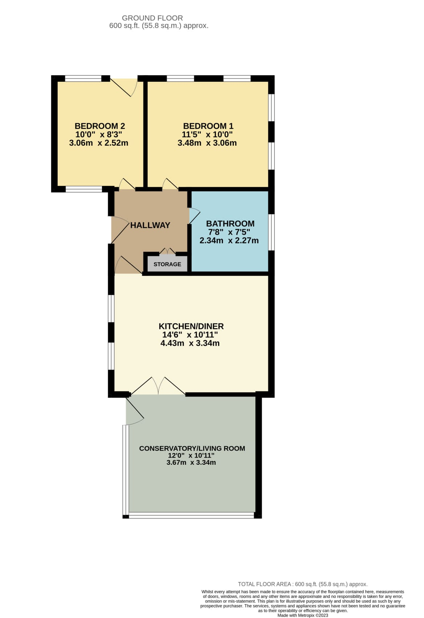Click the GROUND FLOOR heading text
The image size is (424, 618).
tap(152, 18)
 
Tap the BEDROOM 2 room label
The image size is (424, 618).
tap(99, 126)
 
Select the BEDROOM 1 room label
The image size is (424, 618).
tap(208, 126)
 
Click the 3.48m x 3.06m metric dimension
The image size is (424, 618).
tap(207, 143)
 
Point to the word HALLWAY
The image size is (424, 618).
tap(150, 225)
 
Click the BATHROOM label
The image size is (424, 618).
tap(230, 224)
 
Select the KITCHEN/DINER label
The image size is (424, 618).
tap(191, 326)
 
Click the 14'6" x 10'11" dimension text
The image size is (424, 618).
tap(190, 335)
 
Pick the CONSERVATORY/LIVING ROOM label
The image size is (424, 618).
tap(192, 448)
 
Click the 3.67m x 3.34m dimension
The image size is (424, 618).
tap(191, 463)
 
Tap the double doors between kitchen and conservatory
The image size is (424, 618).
tap(158, 387)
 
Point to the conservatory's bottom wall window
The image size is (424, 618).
tap(191, 515)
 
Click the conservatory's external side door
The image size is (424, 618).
tap(134, 412)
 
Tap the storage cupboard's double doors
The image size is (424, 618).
tap(167, 251)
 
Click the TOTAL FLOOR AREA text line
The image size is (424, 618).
tap(302, 584)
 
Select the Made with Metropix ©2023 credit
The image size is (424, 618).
tap(302, 615)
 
